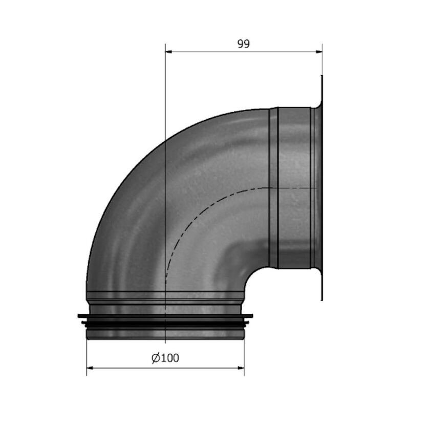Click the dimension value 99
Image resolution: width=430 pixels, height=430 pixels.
(244, 44)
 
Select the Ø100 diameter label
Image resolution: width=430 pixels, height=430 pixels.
(165, 358)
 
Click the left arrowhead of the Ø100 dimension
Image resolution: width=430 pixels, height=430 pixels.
(90, 368)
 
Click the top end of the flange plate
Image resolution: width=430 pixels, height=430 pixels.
(322, 77)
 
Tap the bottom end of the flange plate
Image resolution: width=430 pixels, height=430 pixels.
(322, 299)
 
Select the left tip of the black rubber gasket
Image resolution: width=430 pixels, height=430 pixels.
(79, 316)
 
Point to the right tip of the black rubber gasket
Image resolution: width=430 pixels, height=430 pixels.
(251, 316)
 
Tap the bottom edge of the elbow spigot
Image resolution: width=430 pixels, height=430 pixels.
(165, 338)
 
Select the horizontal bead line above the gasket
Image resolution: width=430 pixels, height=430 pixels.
(165, 292)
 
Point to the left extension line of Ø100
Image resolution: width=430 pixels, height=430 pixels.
(87, 358)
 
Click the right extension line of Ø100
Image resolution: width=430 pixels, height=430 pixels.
(244, 358)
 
